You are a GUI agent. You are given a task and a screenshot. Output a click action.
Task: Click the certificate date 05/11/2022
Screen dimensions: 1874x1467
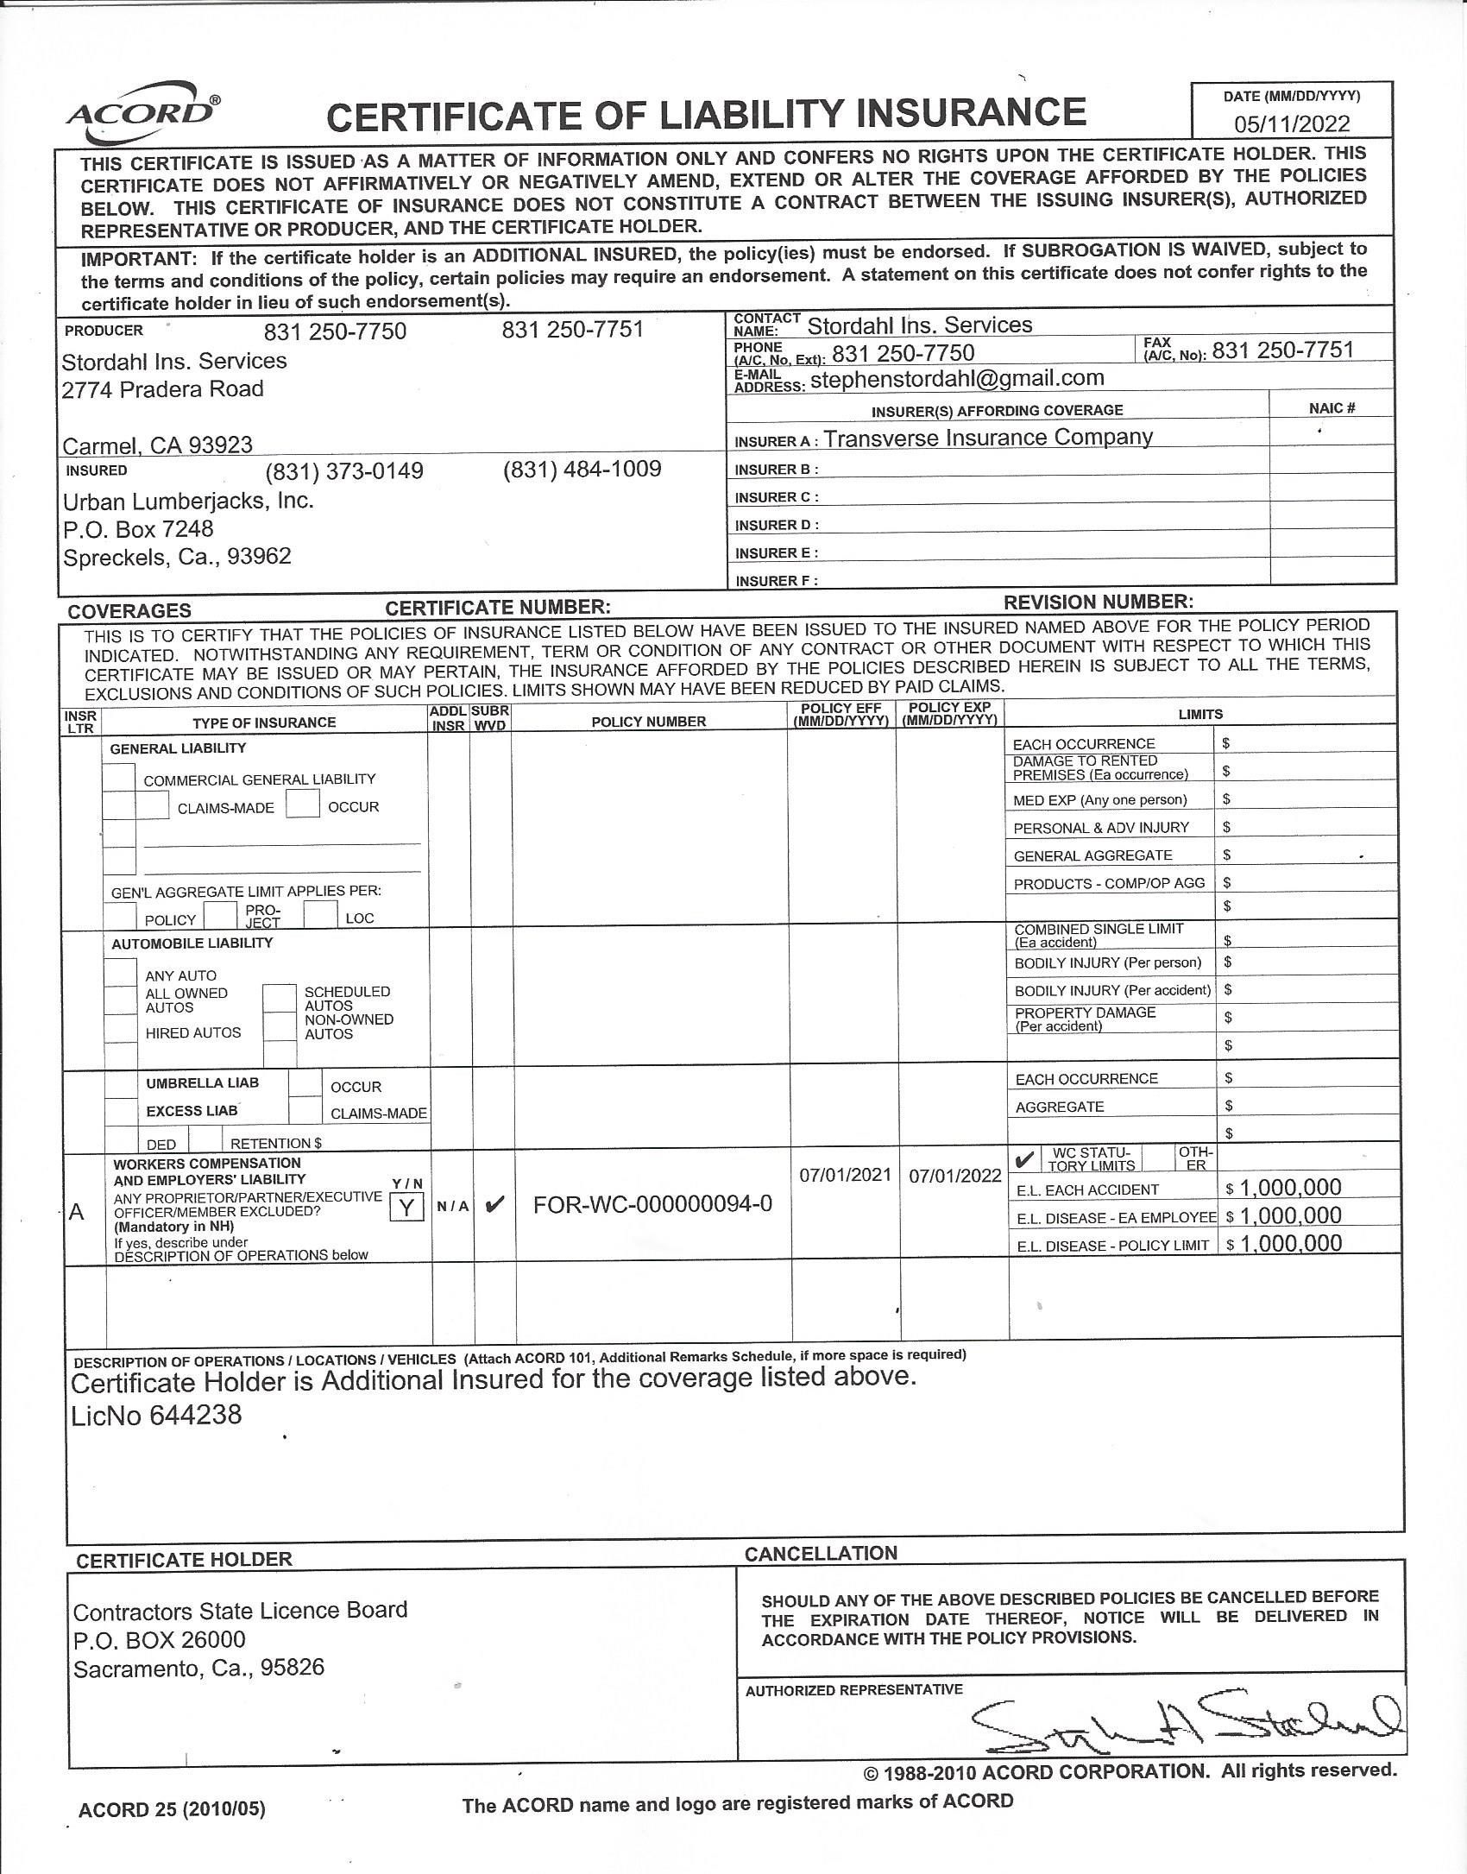[1291, 123]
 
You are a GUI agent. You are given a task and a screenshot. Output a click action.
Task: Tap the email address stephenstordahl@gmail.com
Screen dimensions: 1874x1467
[957, 378]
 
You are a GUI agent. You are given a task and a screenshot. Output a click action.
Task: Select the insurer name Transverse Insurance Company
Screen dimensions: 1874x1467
[987, 438]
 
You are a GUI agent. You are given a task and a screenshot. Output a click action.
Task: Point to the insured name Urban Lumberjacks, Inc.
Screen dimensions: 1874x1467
[188, 501]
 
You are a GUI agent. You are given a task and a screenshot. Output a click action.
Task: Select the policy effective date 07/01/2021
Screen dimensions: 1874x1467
[844, 1175]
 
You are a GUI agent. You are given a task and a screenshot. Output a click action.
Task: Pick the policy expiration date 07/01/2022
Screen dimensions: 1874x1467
[954, 1176]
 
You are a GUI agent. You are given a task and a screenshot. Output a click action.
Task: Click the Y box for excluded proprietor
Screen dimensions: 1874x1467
[406, 1208]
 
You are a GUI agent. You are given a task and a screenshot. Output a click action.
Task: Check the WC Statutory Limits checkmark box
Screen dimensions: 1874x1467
[1024, 1158]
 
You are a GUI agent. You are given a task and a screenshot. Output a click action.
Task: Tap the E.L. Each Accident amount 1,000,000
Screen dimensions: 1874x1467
[1290, 1188]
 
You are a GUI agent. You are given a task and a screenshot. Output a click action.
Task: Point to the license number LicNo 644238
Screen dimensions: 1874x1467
[156, 1415]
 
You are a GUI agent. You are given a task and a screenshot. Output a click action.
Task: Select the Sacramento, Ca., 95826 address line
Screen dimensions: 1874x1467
[198, 1668]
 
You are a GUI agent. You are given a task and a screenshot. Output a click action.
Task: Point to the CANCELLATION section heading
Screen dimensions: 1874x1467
[821, 1553]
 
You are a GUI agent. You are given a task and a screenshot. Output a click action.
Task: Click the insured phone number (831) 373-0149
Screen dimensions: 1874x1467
[344, 471]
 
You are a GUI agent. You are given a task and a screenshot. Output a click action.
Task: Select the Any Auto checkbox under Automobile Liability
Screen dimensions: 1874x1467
[121, 972]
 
